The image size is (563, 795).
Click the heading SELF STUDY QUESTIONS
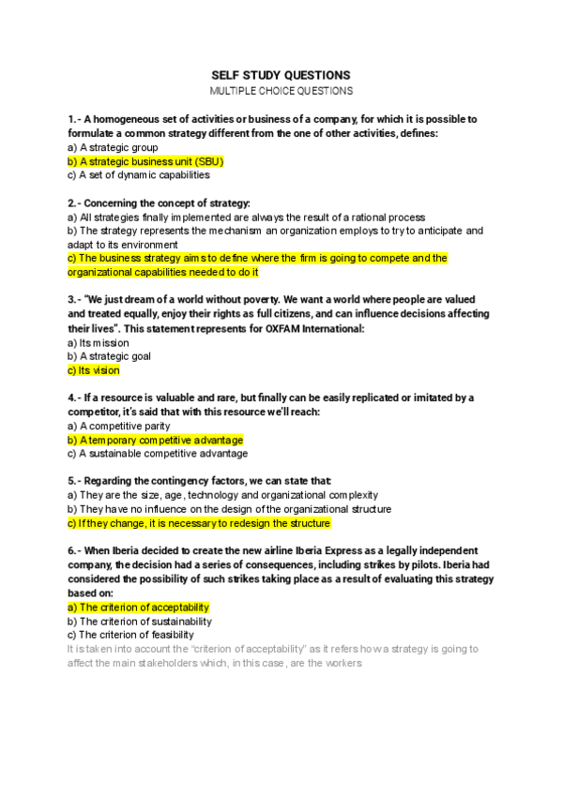(281, 75)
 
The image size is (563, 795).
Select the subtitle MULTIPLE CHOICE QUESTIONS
(281, 91)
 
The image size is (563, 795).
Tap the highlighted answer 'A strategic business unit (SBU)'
(145, 161)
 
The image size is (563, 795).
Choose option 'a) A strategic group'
(113, 147)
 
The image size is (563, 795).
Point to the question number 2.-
(76, 202)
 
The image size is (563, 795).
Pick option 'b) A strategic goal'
(109, 356)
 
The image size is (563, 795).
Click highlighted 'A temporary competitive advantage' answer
(155, 440)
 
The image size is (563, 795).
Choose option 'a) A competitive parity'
(119, 426)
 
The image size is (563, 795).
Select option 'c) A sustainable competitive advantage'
(158, 454)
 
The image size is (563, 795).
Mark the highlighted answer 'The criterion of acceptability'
(138, 607)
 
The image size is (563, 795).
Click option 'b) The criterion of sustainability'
(140, 621)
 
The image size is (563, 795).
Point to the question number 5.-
(76, 481)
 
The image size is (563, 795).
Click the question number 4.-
(76, 397)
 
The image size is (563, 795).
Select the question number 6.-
(76, 550)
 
